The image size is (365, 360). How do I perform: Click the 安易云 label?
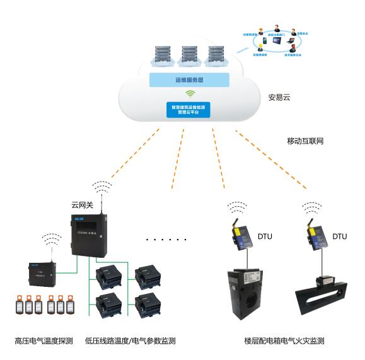[279, 98]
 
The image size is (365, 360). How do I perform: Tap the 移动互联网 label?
[305, 141]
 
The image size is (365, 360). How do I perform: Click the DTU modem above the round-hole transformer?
[242, 237]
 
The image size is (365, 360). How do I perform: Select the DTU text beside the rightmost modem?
[339, 236]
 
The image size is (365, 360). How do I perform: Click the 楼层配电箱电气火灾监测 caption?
[284, 341]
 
